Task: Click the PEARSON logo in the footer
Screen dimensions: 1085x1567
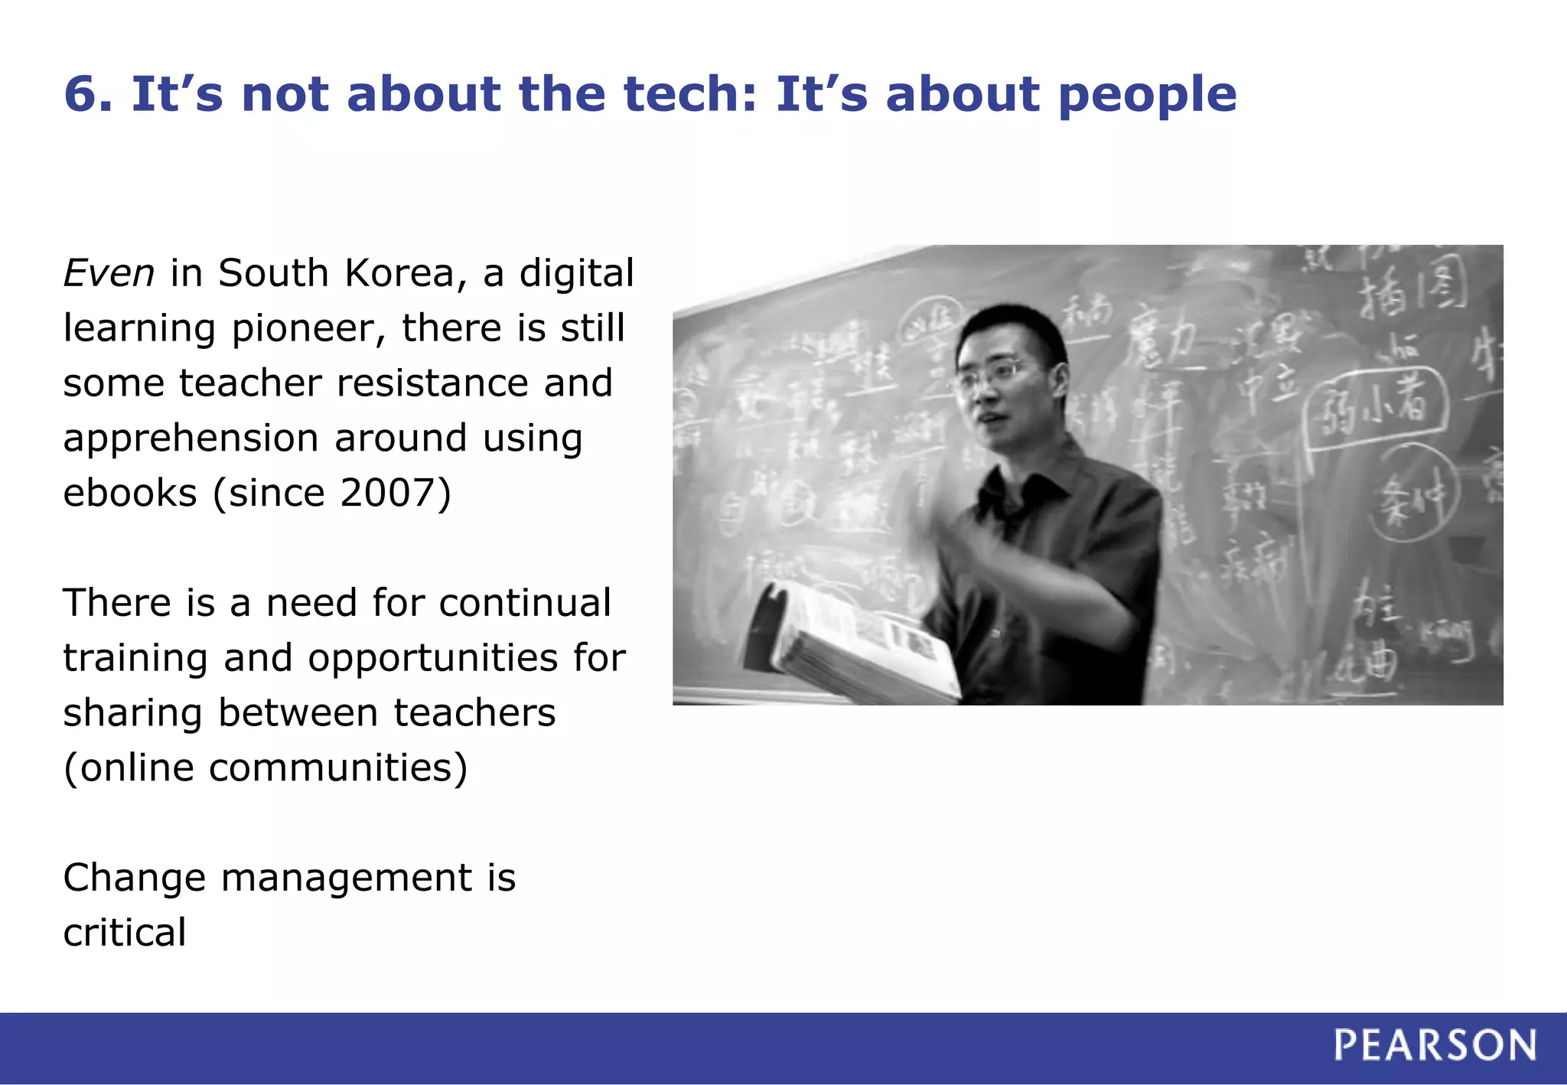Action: click(x=1435, y=1045)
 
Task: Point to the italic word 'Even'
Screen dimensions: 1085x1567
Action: click(x=109, y=273)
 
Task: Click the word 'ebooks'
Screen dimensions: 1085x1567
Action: click(x=130, y=493)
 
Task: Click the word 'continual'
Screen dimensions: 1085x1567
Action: click(x=525, y=603)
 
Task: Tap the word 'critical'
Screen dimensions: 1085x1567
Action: click(x=125, y=933)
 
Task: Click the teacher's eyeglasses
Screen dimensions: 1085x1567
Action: click(x=995, y=374)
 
